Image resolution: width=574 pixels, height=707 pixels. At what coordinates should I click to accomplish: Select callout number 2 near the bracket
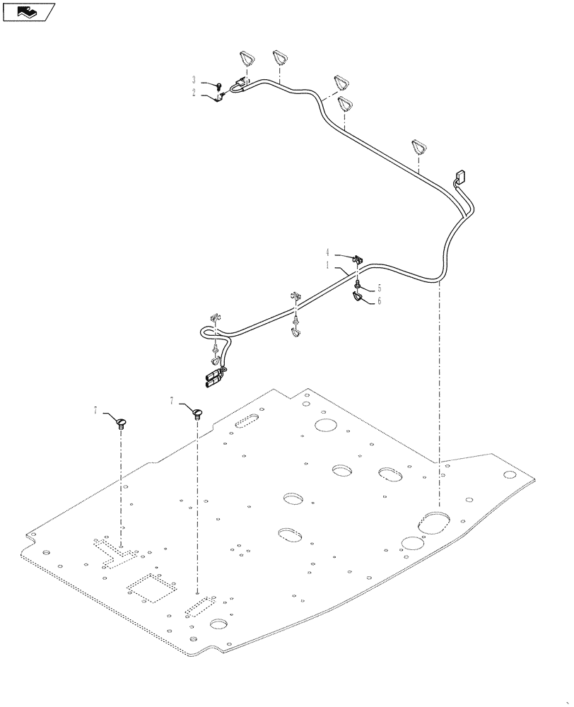point(194,92)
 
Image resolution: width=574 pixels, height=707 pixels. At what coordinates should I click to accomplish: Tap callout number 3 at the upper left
point(194,80)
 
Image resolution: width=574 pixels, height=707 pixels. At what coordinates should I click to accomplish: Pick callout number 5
point(379,288)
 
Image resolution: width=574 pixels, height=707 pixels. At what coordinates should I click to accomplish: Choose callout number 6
point(379,300)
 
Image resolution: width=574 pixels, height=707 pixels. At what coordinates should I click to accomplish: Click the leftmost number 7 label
point(95,410)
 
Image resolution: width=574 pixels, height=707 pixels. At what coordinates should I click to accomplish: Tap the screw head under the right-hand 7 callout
point(197,412)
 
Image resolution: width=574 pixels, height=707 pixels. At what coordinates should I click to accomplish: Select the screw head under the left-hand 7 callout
point(121,423)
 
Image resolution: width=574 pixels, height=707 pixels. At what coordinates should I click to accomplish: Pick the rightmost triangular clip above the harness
point(419,148)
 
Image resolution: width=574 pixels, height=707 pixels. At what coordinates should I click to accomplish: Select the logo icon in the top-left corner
point(28,11)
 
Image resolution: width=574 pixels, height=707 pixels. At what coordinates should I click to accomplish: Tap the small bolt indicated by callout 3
point(219,86)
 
